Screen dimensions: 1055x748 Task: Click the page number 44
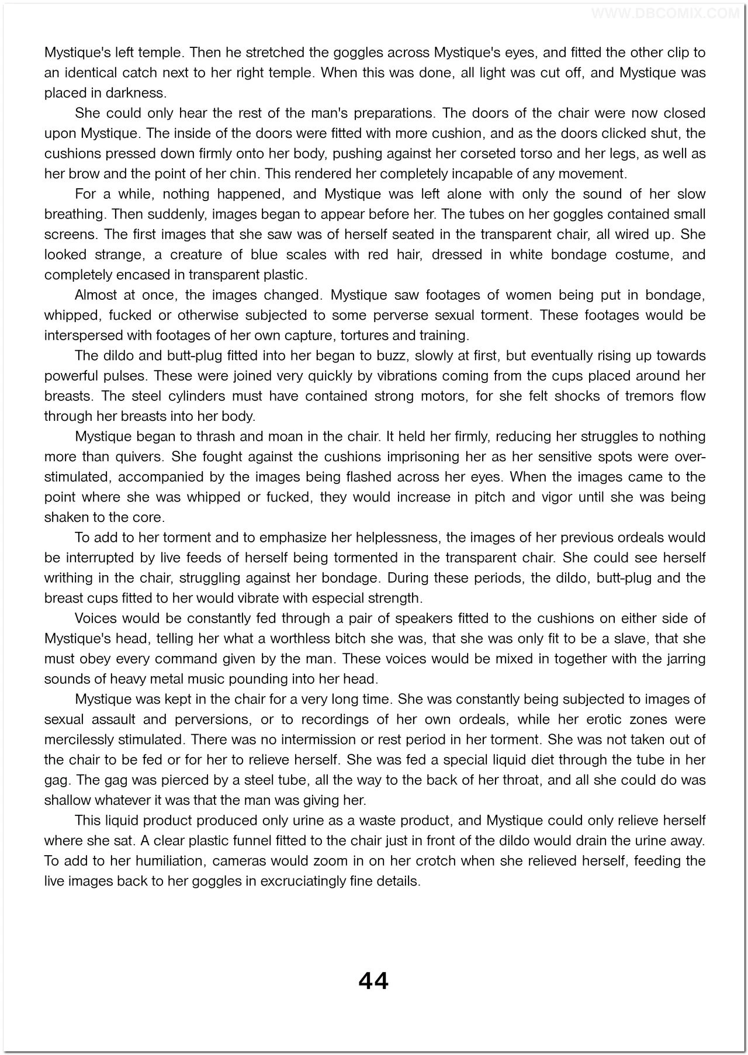(x=373, y=981)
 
